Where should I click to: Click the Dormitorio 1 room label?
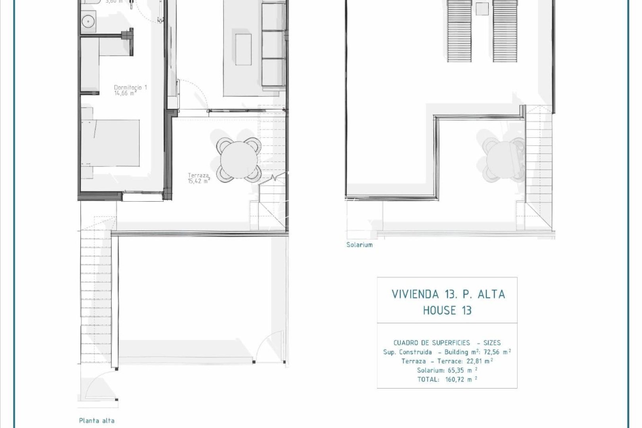tap(130, 87)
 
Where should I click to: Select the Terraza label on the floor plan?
tap(198, 175)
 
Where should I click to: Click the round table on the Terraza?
tap(239, 159)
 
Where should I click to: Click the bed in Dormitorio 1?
tap(111, 143)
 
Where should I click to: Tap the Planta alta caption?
tap(97, 421)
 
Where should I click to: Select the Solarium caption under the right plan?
tap(359, 245)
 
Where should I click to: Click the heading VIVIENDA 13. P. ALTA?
tap(448, 294)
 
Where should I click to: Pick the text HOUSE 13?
tap(447, 310)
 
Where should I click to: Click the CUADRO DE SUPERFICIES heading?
tap(432, 343)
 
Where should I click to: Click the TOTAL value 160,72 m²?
tap(460, 379)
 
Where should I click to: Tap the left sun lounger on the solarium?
tap(460, 31)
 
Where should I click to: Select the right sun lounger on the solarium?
tap(505, 31)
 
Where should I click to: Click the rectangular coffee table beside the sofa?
tap(243, 49)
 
